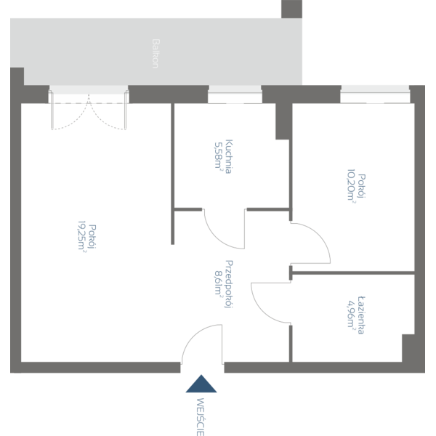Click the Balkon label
155,53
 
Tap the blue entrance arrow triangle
201,384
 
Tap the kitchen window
235,94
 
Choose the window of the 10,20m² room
375,94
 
